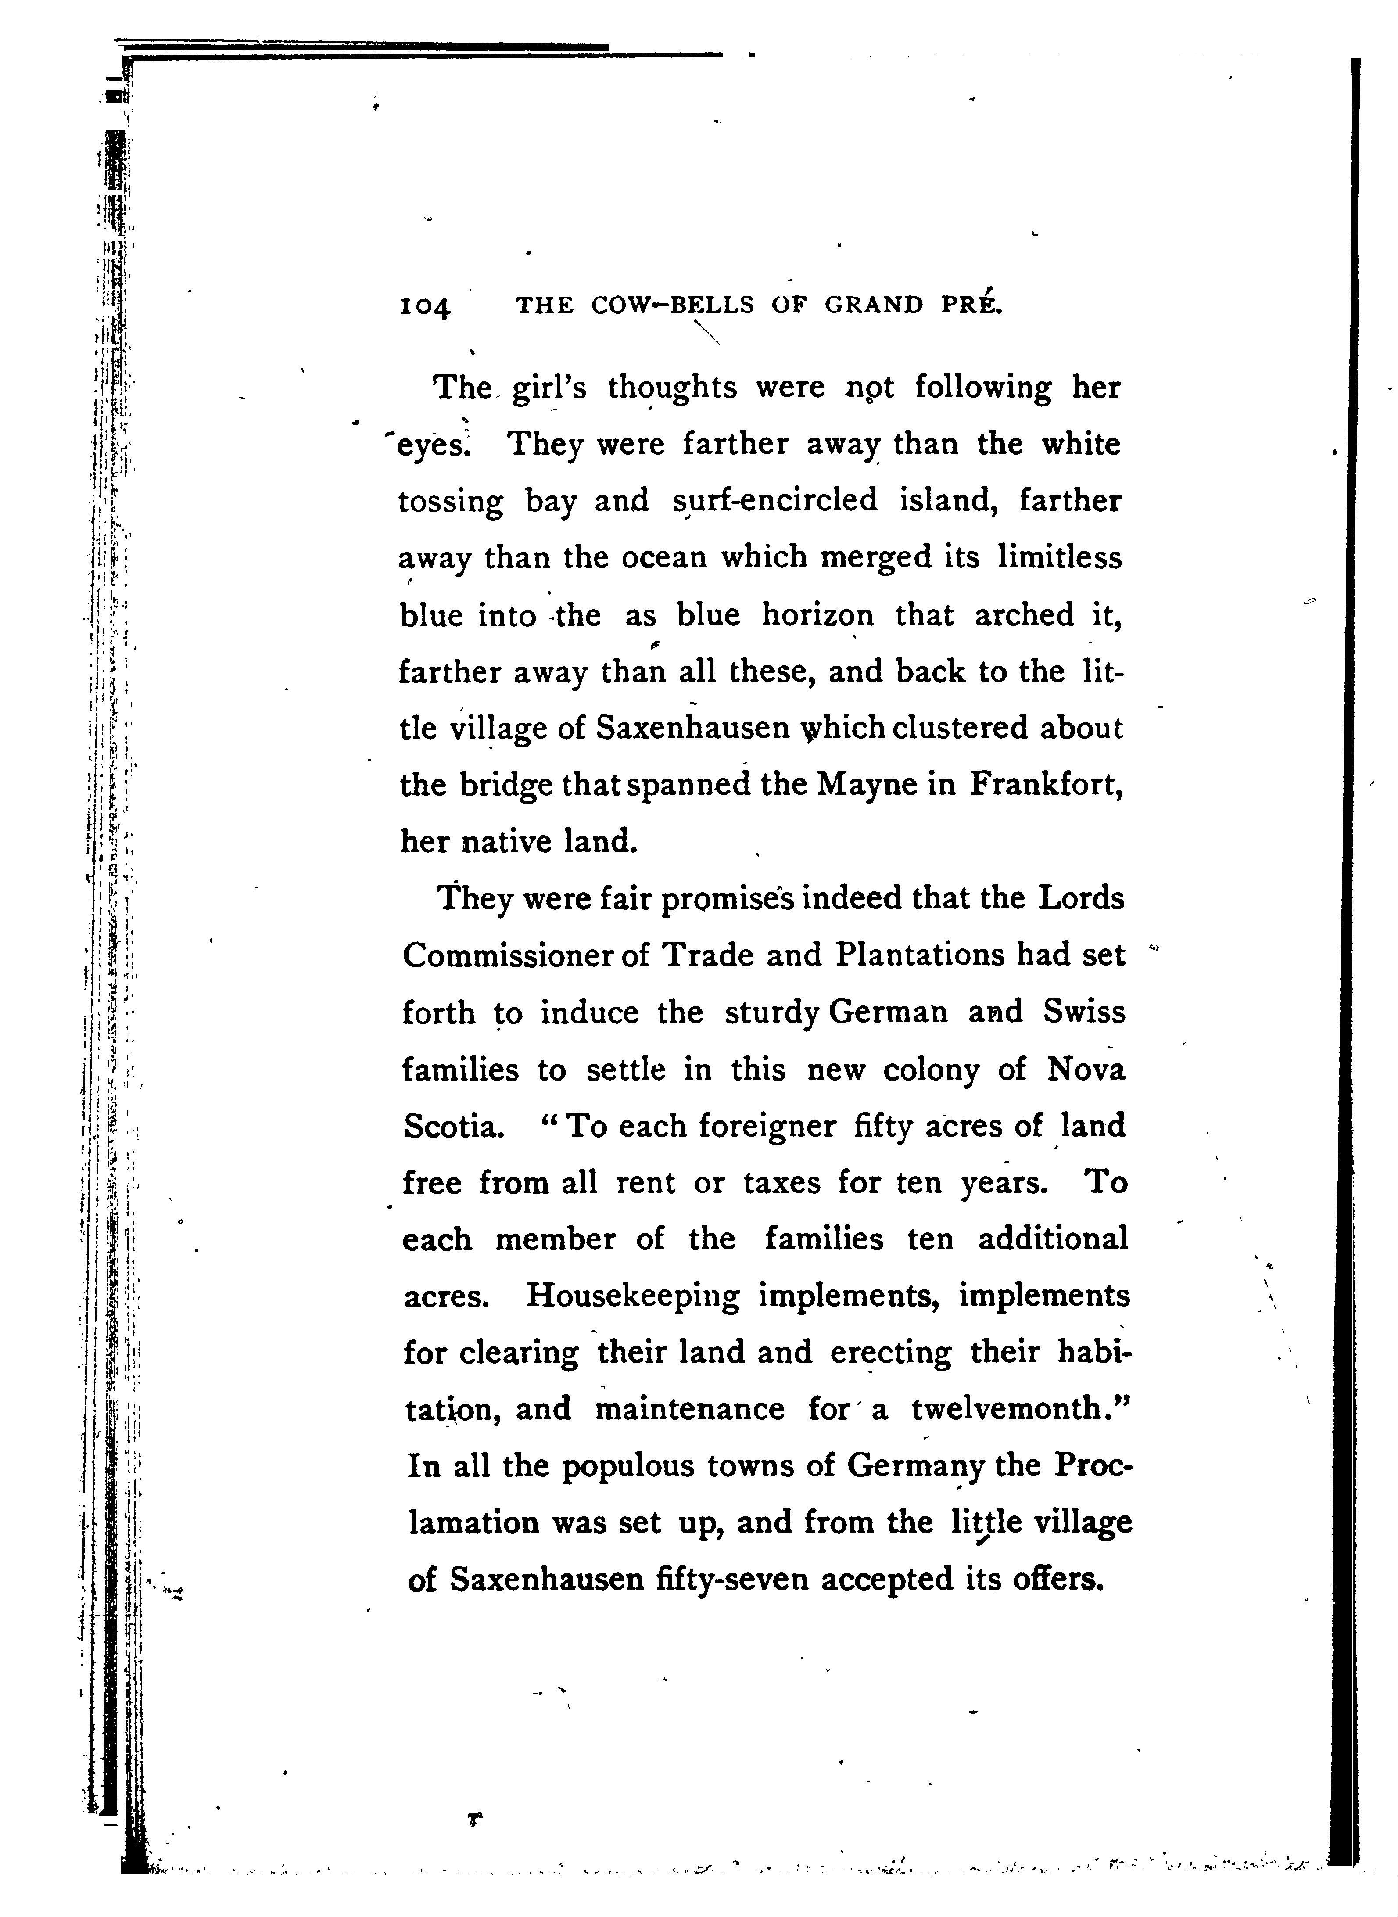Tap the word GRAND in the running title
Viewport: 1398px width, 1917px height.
pyautogui.click(x=873, y=305)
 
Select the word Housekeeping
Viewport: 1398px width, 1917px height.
pyautogui.click(x=632, y=1296)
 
